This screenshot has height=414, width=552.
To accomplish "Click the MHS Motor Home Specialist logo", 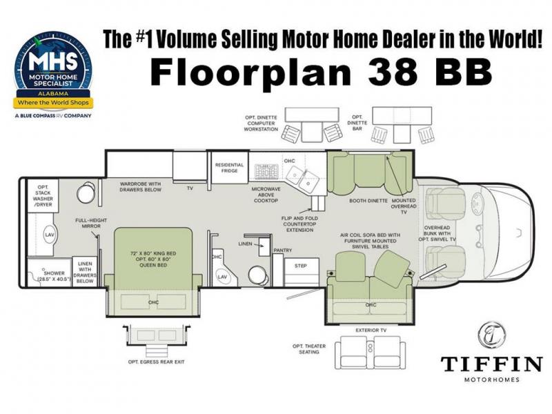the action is (x=54, y=75).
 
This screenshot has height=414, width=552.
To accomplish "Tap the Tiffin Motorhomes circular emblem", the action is (x=492, y=335).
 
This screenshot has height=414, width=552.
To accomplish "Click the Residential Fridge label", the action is (x=229, y=168).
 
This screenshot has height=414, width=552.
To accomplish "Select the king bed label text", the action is (x=153, y=259).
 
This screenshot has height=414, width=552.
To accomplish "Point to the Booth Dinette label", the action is (x=368, y=201).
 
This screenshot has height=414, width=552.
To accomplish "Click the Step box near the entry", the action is (x=302, y=271).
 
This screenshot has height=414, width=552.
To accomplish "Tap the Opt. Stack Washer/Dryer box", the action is (x=43, y=196).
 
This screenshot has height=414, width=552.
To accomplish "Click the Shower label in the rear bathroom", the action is (x=54, y=276).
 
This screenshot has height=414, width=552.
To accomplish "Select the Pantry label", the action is (x=283, y=250).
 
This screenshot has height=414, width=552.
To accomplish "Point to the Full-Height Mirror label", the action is (x=91, y=223).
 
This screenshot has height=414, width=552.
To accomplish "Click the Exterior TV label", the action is (x=371, y=331).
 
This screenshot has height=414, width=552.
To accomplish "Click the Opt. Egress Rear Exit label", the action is (x=156, y=362).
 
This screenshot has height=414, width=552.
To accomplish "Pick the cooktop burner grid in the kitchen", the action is (x=266, y=171).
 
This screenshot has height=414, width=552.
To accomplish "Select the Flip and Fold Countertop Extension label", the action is (x=299, y=224).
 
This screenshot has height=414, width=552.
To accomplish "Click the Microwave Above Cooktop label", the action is (x=266, y=195).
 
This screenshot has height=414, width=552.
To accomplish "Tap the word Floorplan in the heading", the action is (x=251, y=72).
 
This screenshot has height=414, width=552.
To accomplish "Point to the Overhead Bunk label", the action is (x=437, y=233).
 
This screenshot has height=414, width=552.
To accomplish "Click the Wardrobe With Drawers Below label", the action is (x=141, y=186).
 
